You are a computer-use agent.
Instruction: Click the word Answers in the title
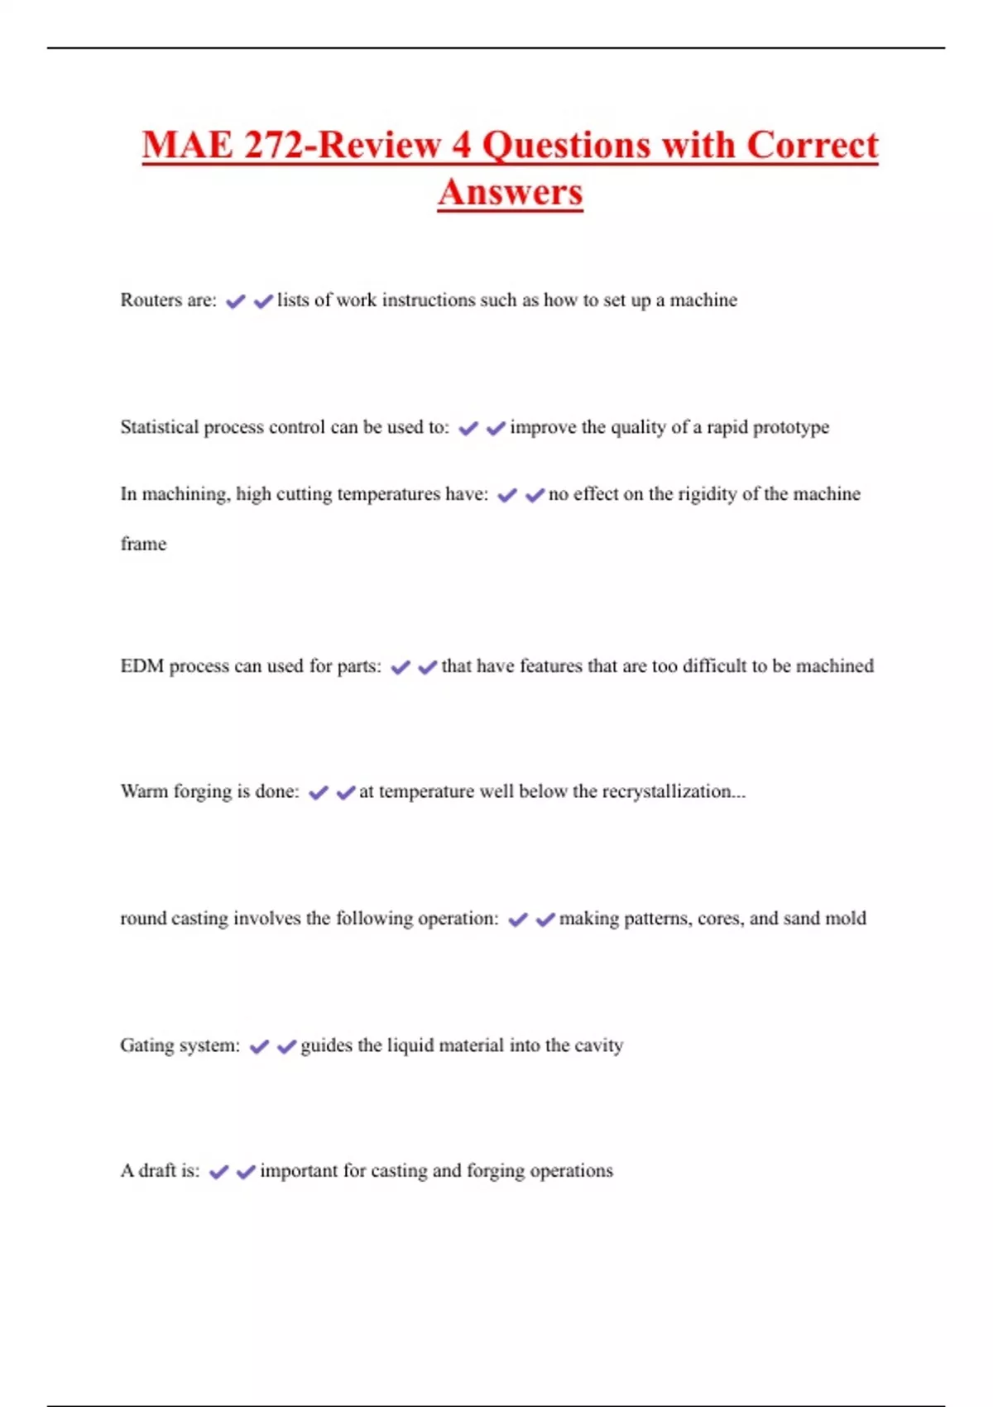(x=511, y=193)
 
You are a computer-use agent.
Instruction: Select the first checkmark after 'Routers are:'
(x=236, y=301)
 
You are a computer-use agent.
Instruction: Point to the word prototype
(x=790, y=428)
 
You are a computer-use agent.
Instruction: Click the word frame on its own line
(x=143, y=544)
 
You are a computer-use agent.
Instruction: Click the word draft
(x=156, y=1170)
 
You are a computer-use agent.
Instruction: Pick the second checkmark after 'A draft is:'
(x=246, y=1172)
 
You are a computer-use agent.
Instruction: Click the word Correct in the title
(x=812, y=146)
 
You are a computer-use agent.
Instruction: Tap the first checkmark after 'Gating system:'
(x=259, y=1047)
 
